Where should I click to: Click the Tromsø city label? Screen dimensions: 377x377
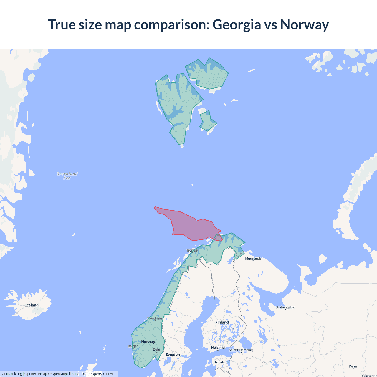(x=192, y=250)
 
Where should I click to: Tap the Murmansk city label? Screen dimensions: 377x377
(x=253, y=259)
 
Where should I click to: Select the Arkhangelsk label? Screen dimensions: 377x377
(x=285, y=307)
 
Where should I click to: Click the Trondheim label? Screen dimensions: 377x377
(x=155, y=318)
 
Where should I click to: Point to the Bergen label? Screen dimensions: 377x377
(x=133, y=346)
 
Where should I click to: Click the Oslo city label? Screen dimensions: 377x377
(x=157, y=350)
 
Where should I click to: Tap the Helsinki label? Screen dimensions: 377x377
(x=218, y=348)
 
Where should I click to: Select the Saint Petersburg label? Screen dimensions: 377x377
(x=241, y=350)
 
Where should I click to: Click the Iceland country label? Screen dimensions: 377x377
(x=32, y=305)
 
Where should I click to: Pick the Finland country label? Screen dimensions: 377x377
(x=222, y=322)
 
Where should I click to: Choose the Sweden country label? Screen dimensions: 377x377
(x=173, y=355)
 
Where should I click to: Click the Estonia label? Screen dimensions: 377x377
(x=219, y=363)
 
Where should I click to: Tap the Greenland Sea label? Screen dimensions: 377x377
(x=67, y=176)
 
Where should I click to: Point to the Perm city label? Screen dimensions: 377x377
(x=353, y=366)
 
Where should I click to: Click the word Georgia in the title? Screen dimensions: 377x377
(x=237, y=24)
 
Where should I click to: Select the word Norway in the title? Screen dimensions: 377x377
(x=305, y=24)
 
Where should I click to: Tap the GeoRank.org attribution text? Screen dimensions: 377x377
(x=12, y=374)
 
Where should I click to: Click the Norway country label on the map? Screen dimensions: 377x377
(x=148, y=342)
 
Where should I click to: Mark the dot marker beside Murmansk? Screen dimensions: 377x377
(x=253, y=261)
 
